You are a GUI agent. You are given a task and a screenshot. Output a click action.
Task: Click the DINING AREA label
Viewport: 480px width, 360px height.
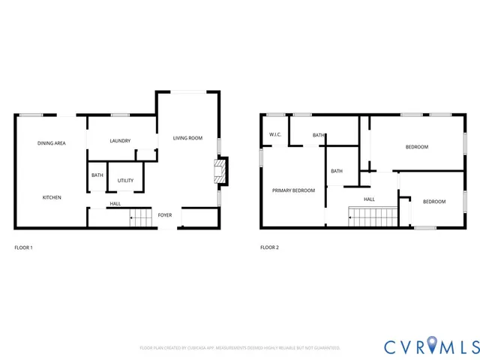pyautogui.click(x=52, y=142)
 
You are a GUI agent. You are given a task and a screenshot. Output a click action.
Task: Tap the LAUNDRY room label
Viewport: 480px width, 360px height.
pyautogui.click(x=120, y=141)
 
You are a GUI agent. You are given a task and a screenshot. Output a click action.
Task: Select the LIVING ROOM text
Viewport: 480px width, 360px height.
pyautogui.click(x=187, y=138)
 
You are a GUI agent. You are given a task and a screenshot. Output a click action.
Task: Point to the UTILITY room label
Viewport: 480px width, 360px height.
pyautogui.click(x=125, y=181)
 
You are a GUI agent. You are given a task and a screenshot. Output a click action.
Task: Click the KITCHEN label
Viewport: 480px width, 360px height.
pyautogui.click(x=52, y=197)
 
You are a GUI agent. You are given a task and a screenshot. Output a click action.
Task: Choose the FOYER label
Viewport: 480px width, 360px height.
pyautogui.click(x=165, y=215)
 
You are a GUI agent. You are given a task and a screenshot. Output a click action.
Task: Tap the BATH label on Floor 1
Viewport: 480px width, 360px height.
pyautogui.click(x=97, y=175)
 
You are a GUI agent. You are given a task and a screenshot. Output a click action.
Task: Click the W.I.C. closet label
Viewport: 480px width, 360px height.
pyautogui.click(x=274, y=135)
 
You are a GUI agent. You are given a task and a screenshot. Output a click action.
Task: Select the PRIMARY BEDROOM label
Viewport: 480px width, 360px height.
pyautogui.click(x=293, y=190)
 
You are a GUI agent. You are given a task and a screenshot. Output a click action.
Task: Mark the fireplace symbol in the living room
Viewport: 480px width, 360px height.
pyautogui.click(x=220, y=171)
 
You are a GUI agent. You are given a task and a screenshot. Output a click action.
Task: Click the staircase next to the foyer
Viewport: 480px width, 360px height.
pyautogui.click(x=140, y=220)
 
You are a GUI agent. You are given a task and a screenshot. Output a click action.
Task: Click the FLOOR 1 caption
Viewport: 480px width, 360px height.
pyautogui.click(x=24, y=247)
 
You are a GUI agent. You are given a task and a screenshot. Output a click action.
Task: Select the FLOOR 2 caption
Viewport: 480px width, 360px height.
pyautogui.click(x=269, y=247)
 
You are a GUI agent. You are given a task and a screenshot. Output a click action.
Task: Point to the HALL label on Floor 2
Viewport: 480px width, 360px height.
pyautogui.click(x=369, y=199)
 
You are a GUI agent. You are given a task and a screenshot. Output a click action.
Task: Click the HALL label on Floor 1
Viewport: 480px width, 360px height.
pyautogui.click(x=115, y=204)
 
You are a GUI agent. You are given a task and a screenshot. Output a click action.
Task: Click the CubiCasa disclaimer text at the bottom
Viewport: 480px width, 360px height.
pyautogui.click(x=240, y=348)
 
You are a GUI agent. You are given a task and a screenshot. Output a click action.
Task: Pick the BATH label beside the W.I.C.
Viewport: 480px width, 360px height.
pyautogui.click(x=319, y=136)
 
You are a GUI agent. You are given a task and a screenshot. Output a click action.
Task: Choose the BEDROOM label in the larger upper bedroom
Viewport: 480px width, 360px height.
pyautogui.click(x=417, y=147)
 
